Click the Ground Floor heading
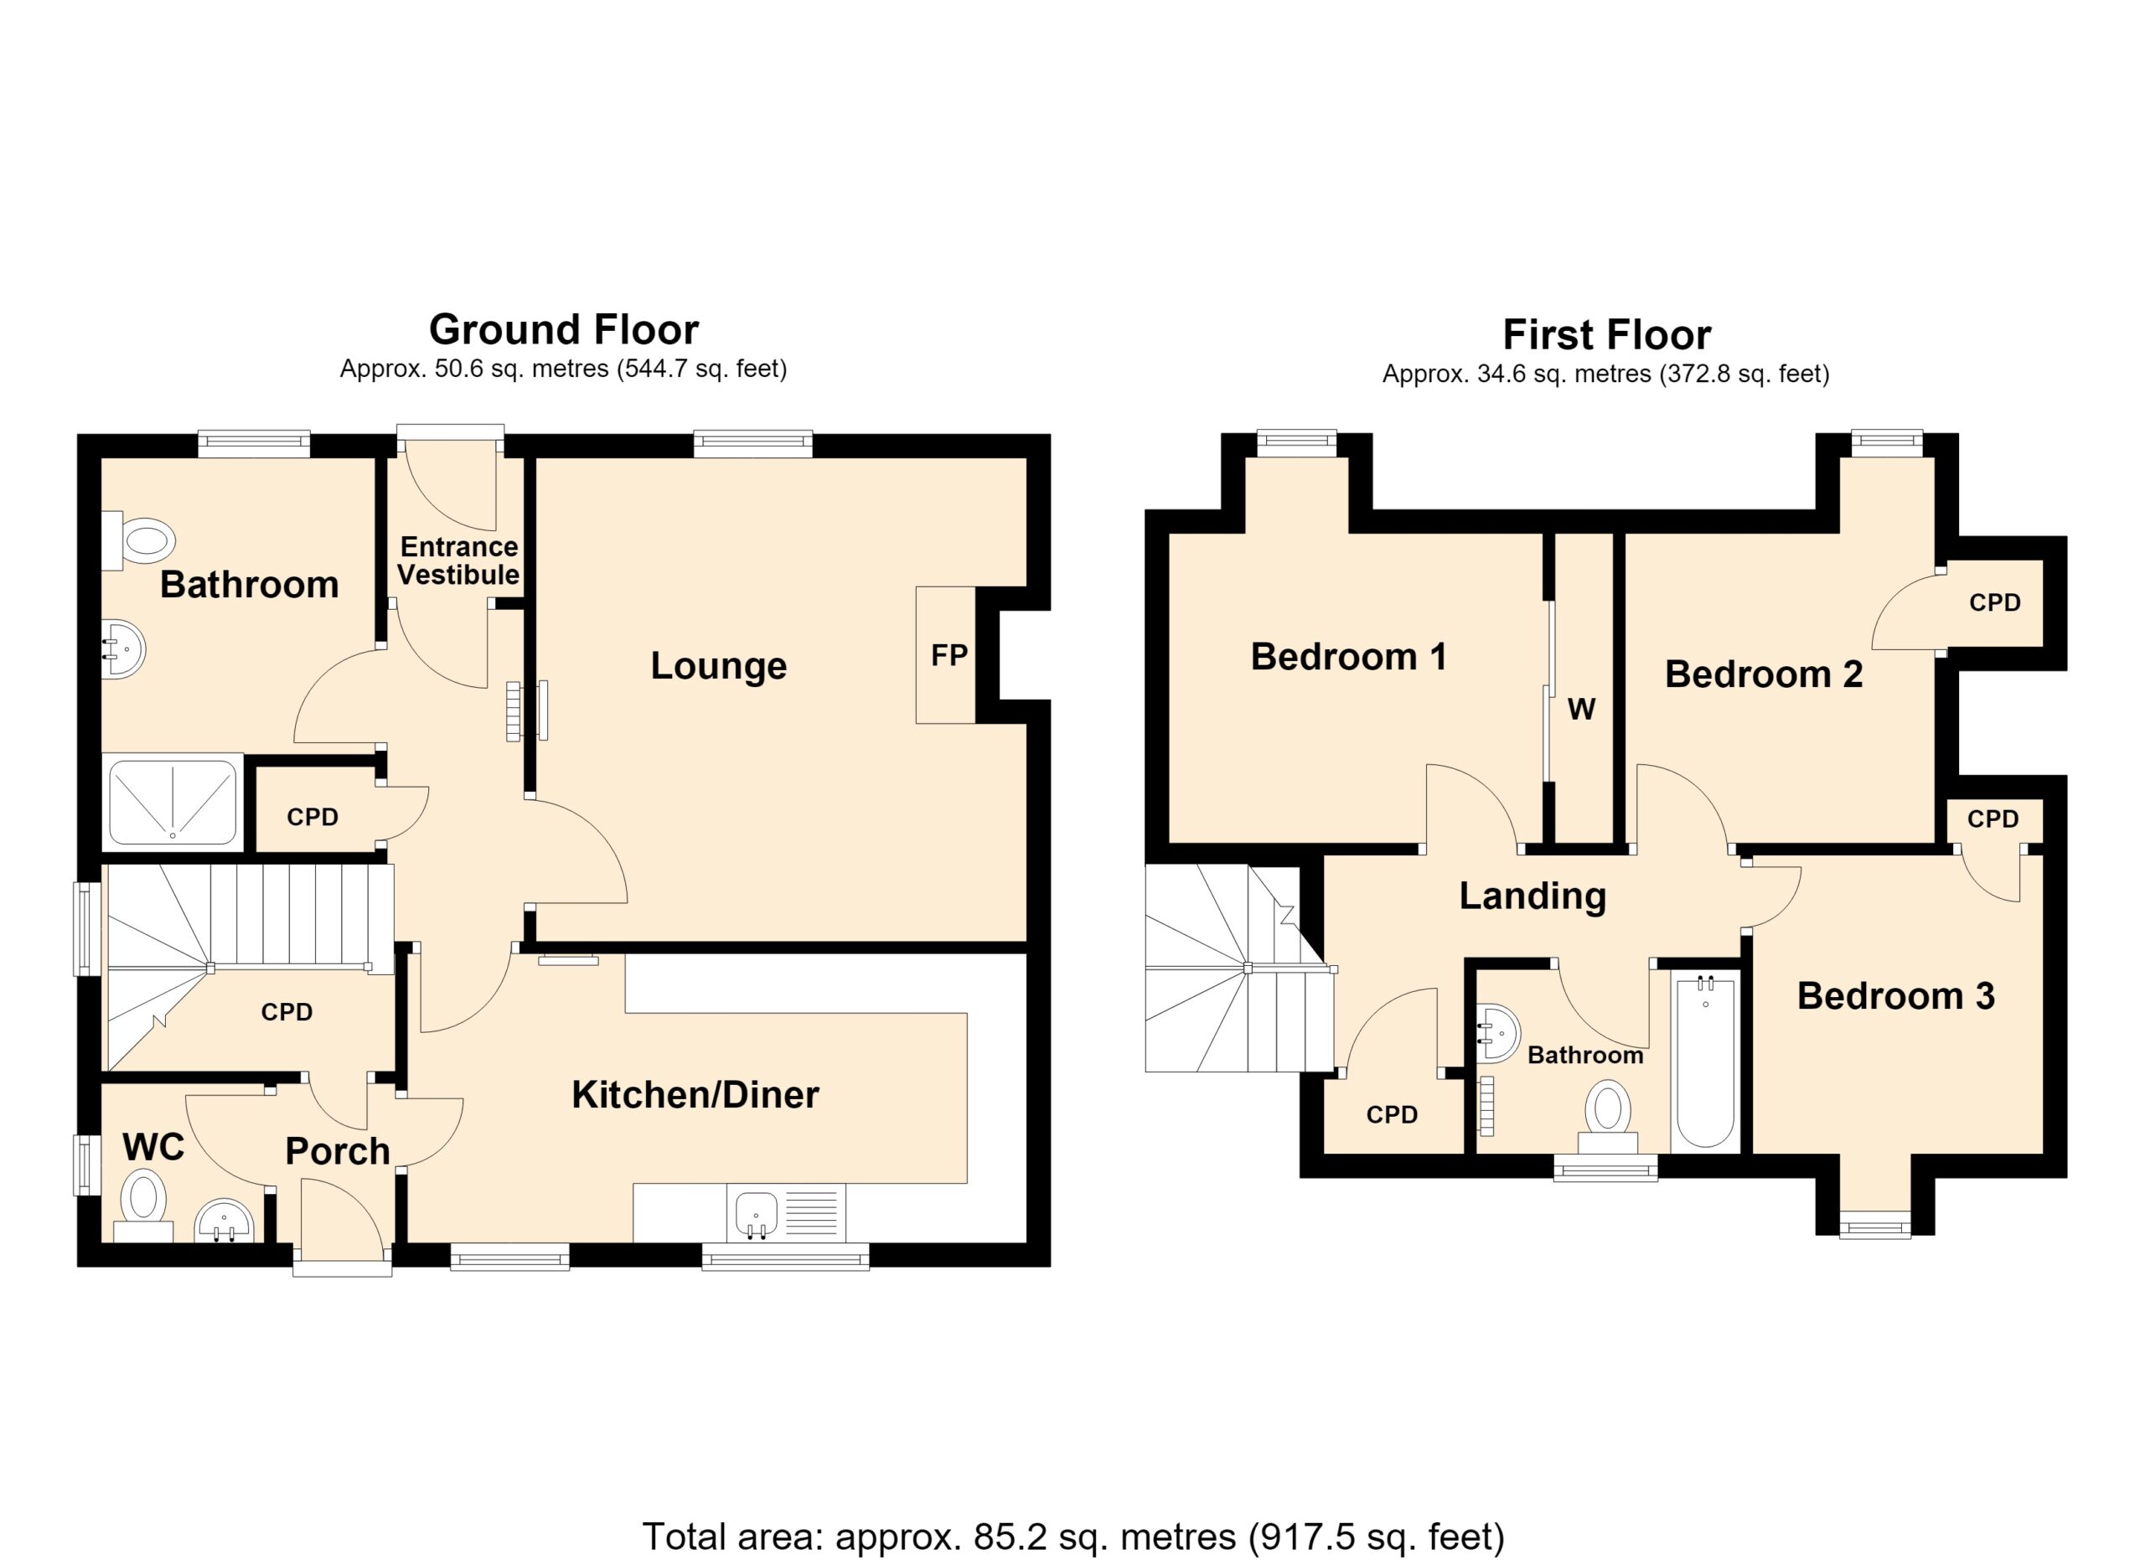[564, 330]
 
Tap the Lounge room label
[719, 665]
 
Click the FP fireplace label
[948, 655]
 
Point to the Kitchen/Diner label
[695, 1095]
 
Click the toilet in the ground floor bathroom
[139, 540]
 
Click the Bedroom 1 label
[1349, 657]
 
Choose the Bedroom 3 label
[1895, 996]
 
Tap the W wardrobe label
[1581, 709]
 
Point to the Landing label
[1533, 896]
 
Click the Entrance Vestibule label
[457, 560]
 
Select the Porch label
[338, 1151]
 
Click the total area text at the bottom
[1072, 1537]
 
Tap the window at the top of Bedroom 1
[1297, 443]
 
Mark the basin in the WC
[225, 1222]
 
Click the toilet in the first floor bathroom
[1607, 1118]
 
